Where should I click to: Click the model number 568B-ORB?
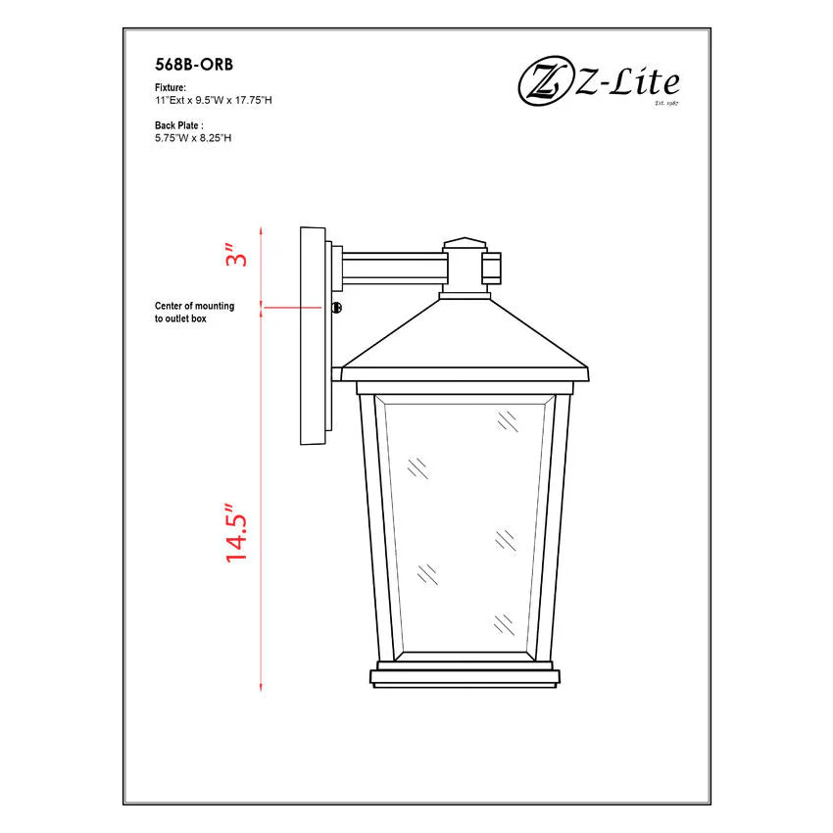(194, 65)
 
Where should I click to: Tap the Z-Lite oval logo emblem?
(544, 80)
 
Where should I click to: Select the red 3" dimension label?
(236, 256)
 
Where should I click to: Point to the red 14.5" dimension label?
(236, 532)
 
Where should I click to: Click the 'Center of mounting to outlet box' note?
(194, 313)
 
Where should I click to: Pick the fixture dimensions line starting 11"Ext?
(213, 100)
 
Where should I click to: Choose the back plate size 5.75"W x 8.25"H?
(193, 138)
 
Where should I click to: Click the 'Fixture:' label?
(171, 87)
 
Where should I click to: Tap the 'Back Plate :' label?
(179, 125)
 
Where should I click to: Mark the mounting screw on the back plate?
(337, 307)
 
